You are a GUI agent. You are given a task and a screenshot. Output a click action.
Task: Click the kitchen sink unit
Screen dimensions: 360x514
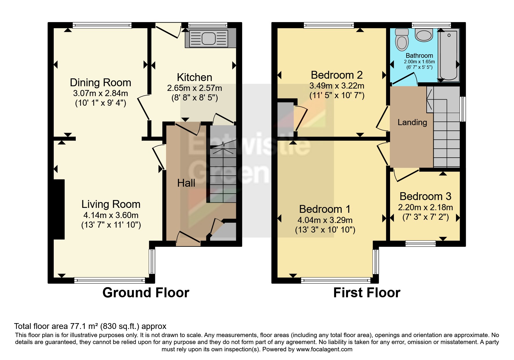coord(209,38)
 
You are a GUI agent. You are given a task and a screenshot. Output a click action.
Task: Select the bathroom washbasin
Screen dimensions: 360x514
coord(424,35)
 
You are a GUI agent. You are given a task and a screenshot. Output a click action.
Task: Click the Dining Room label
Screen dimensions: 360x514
coord(100,83)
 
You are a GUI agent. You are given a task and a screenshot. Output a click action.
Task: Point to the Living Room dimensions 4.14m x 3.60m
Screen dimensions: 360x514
coord(111,215)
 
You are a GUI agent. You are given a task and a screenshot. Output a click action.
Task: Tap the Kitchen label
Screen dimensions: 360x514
coord(194,78)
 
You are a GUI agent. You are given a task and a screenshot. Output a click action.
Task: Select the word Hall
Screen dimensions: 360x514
coord(186,183)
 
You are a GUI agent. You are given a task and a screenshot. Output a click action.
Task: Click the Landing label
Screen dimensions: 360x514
coord(412,123)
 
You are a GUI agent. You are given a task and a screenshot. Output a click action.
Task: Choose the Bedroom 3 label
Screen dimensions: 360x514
coord(425,197)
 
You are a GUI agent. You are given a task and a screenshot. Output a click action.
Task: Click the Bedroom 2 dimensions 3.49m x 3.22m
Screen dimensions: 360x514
coord(337,86)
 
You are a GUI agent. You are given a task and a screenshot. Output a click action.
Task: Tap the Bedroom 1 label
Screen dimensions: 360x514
coord(325,209)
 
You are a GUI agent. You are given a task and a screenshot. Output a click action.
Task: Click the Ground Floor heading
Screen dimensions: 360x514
coord(146,293)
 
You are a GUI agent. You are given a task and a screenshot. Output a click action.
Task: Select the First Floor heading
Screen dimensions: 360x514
coord(367,293)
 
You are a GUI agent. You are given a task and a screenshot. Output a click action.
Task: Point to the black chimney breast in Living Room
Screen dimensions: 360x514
coord(59,209)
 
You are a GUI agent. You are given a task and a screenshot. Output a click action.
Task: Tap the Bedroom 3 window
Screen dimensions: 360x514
coord(420,243)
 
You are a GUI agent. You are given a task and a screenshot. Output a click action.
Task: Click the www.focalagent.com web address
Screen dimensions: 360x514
coord(324,349)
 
